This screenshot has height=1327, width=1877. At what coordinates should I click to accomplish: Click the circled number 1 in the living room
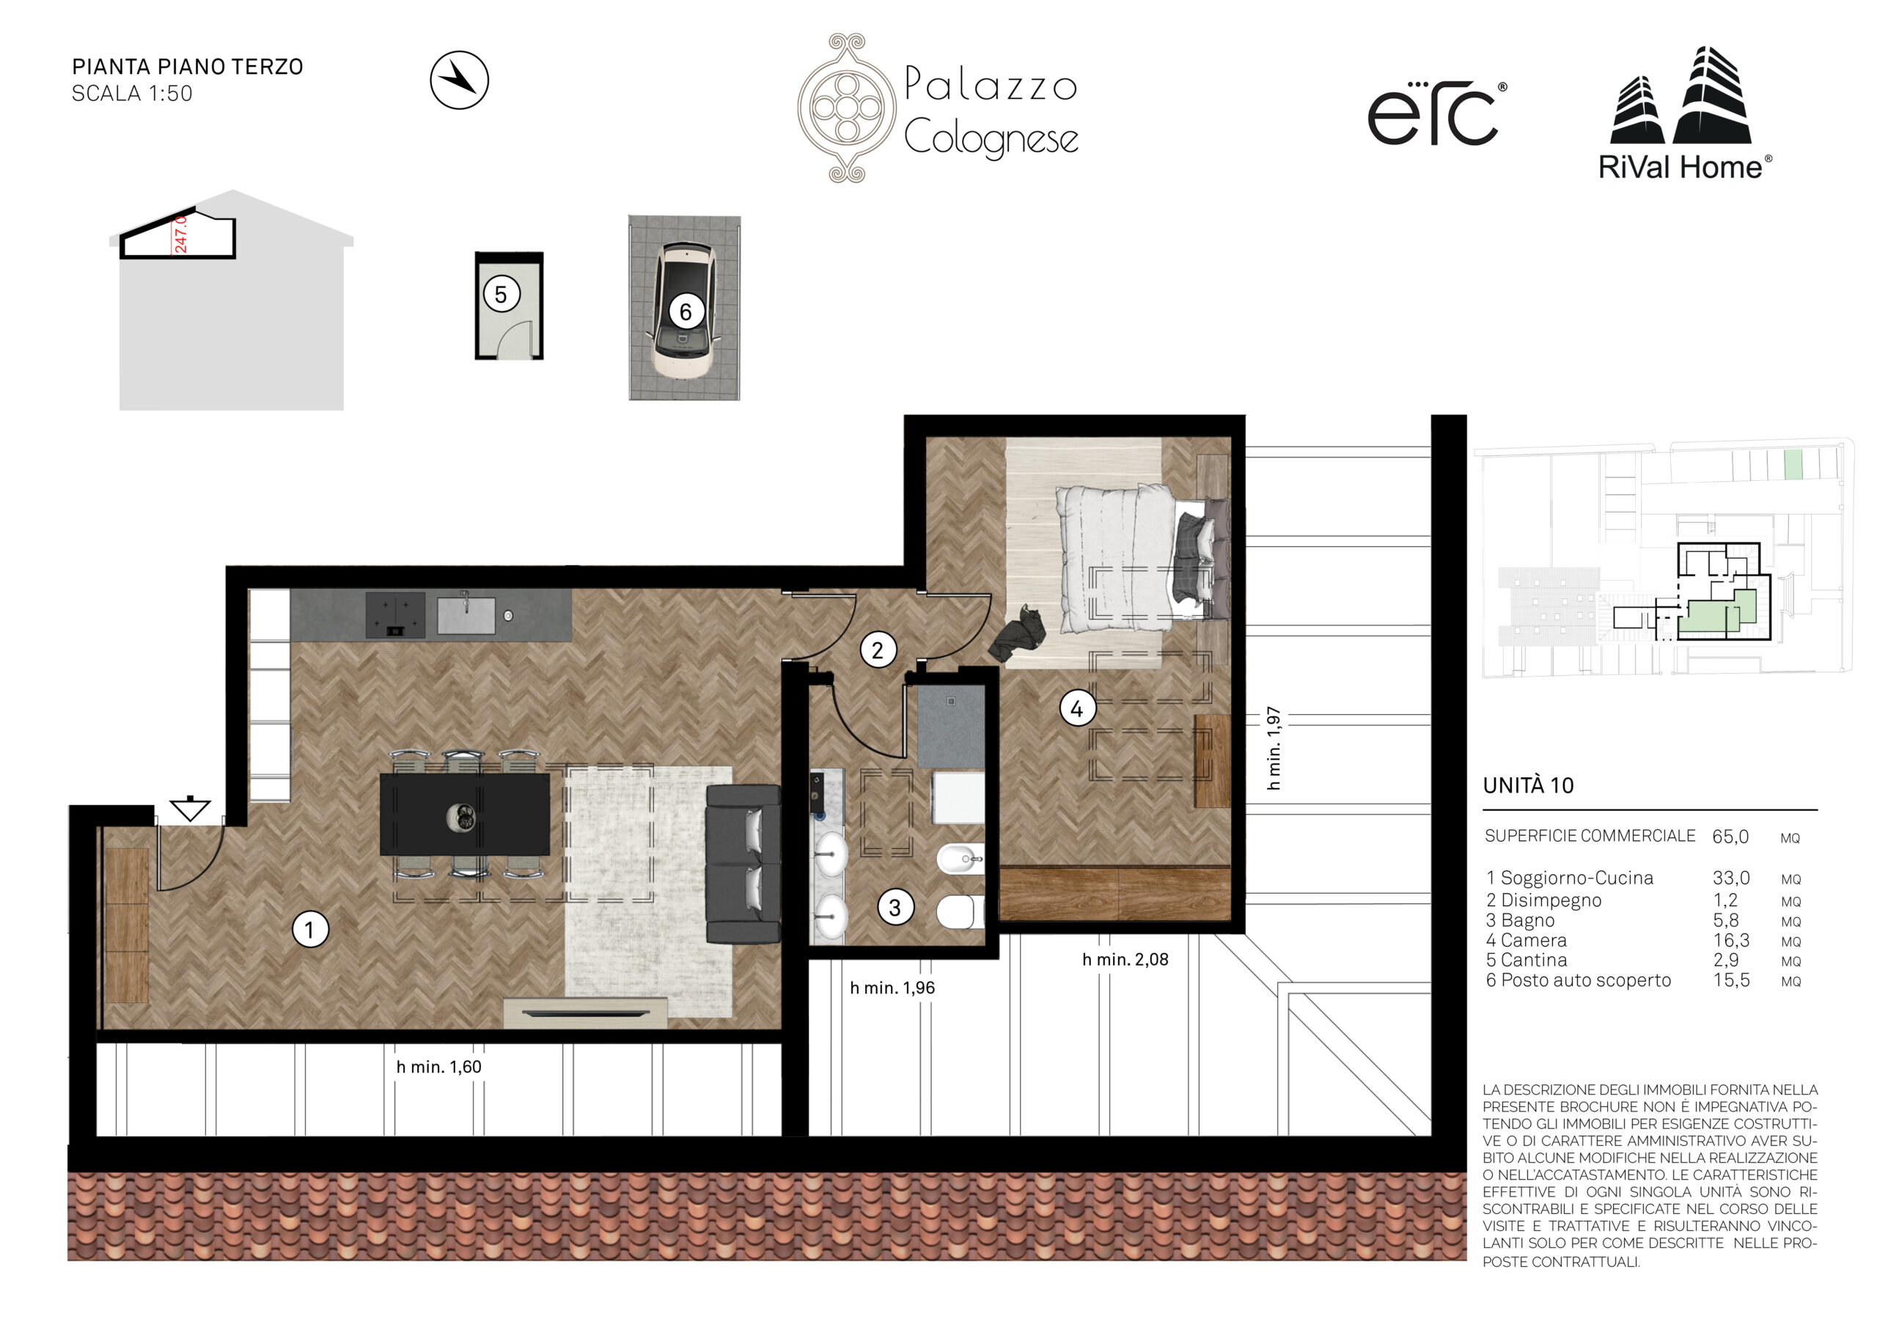310,930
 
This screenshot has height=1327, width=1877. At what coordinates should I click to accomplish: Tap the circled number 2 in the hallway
878,650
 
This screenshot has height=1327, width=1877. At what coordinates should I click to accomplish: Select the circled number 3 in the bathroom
895,907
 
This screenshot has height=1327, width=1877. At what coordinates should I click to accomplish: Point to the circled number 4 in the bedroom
1078,708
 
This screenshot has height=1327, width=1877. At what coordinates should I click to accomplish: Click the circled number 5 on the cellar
501,294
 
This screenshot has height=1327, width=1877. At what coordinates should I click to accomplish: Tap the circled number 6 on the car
686,312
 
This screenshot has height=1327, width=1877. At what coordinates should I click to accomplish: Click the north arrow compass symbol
460,80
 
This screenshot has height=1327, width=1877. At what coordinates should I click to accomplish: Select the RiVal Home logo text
1685,168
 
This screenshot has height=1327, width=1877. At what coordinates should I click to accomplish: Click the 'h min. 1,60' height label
439,1067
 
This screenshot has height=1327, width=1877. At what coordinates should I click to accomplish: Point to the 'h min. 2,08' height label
1125,960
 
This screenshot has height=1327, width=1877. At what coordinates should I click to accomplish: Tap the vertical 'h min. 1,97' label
1273,748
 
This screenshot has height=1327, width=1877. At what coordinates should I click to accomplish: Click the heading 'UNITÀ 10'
1528,786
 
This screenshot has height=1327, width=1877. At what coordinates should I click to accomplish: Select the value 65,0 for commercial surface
1730,837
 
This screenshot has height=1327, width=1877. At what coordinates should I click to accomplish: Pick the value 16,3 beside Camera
1732,941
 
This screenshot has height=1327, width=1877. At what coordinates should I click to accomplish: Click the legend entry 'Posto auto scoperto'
1586,980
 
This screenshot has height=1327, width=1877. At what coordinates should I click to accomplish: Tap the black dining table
464,815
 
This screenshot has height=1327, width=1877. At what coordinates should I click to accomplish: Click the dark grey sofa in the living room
742,864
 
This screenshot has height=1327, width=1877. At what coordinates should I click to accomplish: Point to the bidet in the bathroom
960,859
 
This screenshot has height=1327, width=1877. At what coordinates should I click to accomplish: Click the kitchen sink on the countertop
466,615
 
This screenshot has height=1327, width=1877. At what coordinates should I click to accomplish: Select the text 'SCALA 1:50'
133,94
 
